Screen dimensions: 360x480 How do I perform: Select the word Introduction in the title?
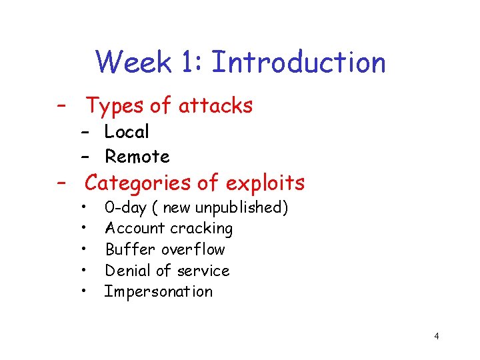click(x=298, y=63)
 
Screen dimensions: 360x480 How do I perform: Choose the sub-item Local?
click(x=127, y=132)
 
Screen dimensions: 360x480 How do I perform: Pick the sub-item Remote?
click(x=137, y=157)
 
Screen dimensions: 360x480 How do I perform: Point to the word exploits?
click(x=265, y=182)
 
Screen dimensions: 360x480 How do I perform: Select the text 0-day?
click(x=125, y=207)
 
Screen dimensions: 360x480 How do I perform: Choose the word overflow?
click(x=193, y=249)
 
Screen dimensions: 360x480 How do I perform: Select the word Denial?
click(x=127, y=271)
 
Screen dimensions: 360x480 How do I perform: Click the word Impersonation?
click(x=159, y=291)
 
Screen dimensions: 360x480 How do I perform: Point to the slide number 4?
click(x=436, y=336)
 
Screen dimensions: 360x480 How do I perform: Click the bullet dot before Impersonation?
click(x=85, y=291)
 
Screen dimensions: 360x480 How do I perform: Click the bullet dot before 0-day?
click(x=85, y=207)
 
